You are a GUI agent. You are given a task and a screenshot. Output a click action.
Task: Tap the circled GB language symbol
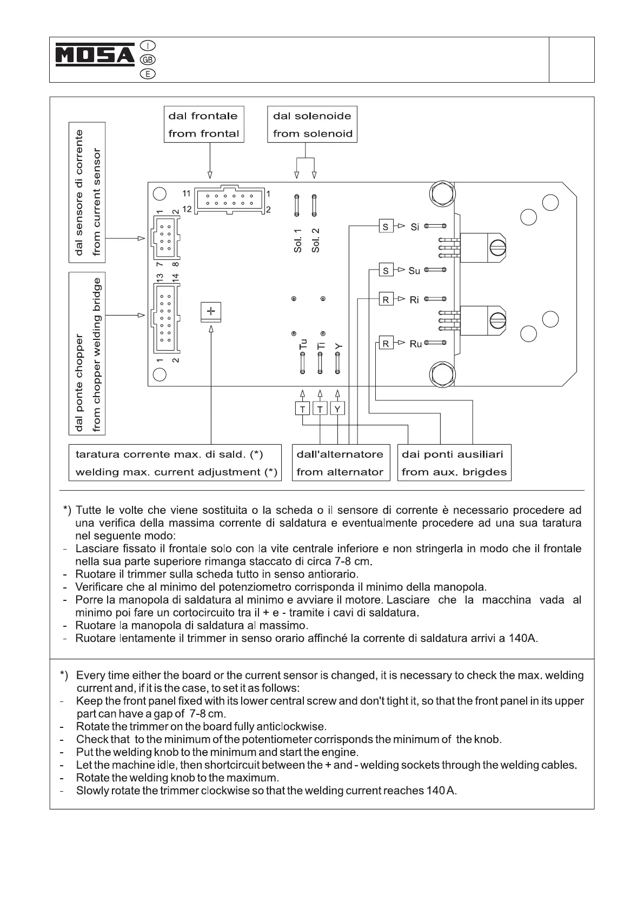[147, 60]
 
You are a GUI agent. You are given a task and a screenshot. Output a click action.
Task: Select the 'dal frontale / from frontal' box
[204, 124]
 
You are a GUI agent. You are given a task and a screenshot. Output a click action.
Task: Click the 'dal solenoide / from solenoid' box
[312, 124]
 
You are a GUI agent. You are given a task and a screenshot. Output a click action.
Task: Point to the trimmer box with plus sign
[211, 311]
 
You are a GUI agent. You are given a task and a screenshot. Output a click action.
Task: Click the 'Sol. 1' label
[297, 240]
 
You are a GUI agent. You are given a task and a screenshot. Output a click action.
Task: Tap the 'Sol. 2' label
[316, 240]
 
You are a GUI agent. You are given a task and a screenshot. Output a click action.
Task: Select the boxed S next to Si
[386, 226]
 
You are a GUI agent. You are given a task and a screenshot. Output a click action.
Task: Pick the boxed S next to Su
[386, 270]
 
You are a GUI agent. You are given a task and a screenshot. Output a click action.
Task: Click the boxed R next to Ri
[386, 299]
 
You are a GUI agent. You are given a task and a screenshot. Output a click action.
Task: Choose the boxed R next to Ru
[386, 343]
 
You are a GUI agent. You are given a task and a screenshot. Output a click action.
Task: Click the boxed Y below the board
[337, 409]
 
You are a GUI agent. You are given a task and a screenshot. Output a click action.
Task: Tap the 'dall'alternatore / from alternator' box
[340, 463]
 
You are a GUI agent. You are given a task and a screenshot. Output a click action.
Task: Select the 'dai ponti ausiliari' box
[454, 463]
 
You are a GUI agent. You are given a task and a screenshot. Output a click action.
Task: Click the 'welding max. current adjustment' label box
[175, 463]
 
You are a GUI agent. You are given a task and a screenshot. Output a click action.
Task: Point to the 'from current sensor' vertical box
[87, 192]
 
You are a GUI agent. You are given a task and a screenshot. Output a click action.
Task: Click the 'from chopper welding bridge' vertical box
[87, 353]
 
